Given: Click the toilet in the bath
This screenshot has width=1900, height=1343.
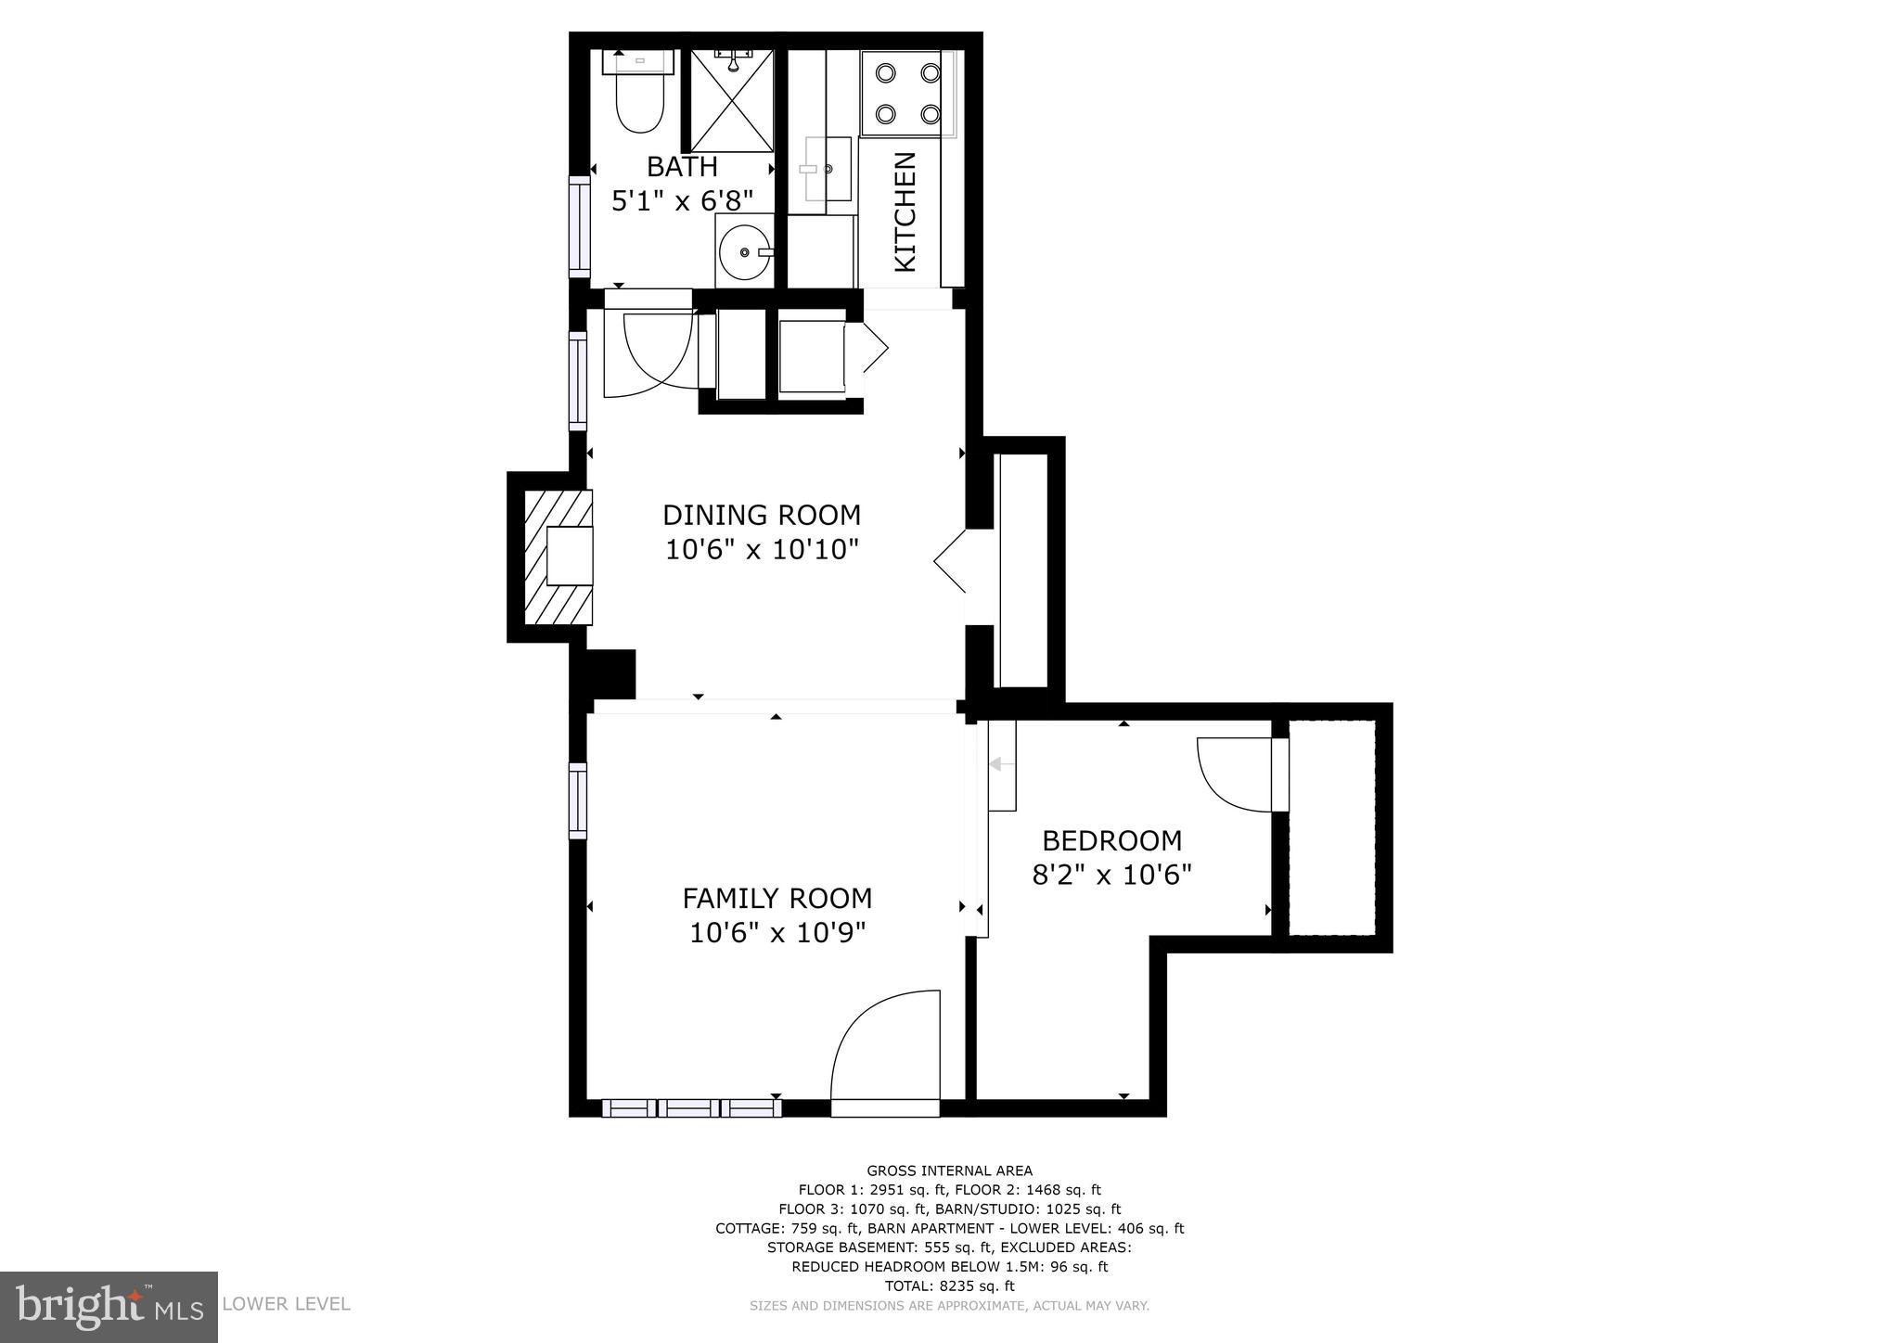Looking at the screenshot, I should point(640,104).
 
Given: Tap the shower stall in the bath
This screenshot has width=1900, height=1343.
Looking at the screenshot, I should point(732,102).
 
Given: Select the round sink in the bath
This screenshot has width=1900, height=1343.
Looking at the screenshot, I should point(744,251).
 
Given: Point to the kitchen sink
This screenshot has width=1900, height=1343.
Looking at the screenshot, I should point(828,169).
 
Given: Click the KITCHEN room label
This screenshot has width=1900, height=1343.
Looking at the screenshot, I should point(905,212).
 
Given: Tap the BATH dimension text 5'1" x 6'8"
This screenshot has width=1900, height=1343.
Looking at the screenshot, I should point(681,200).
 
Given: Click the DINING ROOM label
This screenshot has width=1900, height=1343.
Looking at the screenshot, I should point(761,515).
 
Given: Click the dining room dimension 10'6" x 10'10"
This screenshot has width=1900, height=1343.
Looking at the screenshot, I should point(761,550).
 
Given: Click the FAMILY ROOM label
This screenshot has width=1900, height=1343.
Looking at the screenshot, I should point(777,898).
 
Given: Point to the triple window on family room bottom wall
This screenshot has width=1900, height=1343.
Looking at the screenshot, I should point(691,1107).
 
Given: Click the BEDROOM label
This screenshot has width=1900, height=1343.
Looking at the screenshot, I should point(1111,840).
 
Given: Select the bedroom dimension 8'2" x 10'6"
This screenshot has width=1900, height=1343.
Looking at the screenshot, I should point(1111,875).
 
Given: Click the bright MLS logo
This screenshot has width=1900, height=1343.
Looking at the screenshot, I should point(109,1307).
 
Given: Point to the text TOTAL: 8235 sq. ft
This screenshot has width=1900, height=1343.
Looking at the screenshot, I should point(949,1285).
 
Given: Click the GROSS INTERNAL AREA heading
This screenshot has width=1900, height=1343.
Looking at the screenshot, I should point(949,1170).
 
